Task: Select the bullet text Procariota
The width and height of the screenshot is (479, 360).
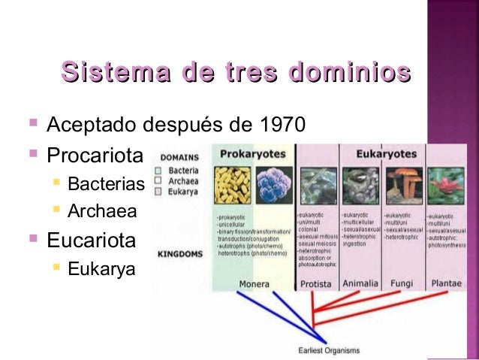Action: [x=95, y=157]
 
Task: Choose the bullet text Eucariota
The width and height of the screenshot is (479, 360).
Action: [x=92, y=241]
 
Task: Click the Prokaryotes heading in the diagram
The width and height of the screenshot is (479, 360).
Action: [x=252, y=153]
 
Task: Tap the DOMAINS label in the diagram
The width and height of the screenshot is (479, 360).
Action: [x=179, y=158]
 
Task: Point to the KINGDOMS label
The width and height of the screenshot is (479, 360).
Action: [x=180, y=254]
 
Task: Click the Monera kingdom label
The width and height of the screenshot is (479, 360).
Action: [x=254, y=284]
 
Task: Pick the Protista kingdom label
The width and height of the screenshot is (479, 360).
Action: [x=316, y=284]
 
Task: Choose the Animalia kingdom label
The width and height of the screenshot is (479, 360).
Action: [x=360, y=284]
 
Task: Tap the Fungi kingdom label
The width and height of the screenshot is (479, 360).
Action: [x=402, y=284]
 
